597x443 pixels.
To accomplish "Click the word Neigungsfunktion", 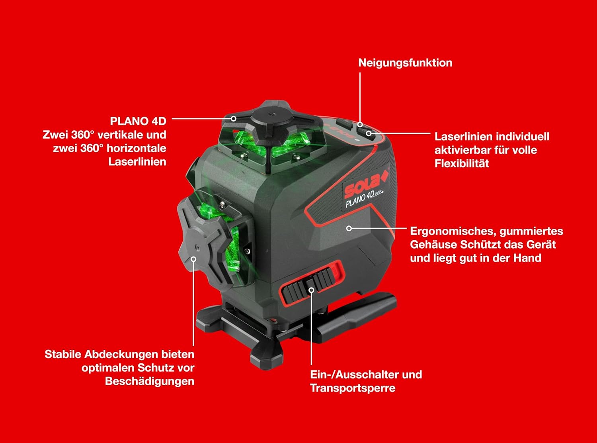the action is pos(405,63).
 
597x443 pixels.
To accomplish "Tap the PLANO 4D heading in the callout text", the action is pos(138,121).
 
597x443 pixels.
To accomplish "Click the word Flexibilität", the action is pos(462,164).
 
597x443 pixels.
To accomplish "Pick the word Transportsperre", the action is pos(353,388).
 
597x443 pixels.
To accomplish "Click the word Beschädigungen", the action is pos(150,382).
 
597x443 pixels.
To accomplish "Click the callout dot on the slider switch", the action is pos(311,290).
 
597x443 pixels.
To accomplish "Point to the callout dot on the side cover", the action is pos(193,259).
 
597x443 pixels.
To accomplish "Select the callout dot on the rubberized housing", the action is pos(349,229).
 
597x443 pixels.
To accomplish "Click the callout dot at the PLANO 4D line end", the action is pos(234,119).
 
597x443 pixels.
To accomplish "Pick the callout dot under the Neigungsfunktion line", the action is pos(360,124).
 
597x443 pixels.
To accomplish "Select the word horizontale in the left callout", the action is pos(137,148).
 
